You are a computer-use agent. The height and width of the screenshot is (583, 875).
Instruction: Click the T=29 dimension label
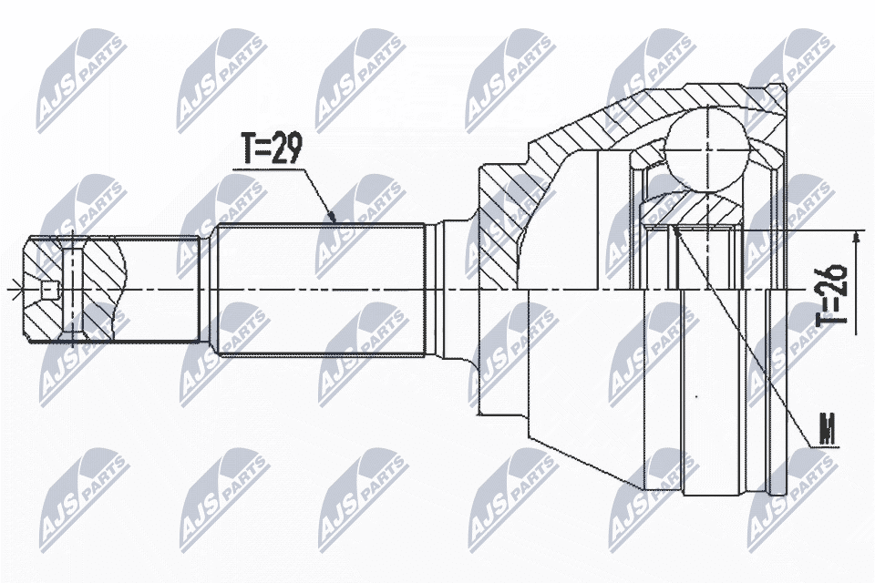(271, 148)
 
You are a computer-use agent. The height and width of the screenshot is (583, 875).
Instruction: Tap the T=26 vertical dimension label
(831, 294)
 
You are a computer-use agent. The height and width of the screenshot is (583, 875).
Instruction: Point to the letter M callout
(828, 430)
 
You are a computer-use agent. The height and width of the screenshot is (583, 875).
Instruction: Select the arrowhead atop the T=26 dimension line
(856, 237)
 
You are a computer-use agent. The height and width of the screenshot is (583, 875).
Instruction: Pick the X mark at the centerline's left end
(12, 291)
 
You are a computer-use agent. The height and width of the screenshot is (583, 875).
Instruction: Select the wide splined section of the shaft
(319, 290)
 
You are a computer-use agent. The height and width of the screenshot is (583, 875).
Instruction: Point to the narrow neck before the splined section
(207, 290)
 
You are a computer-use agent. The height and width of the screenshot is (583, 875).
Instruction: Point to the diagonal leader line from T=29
(314, 191)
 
